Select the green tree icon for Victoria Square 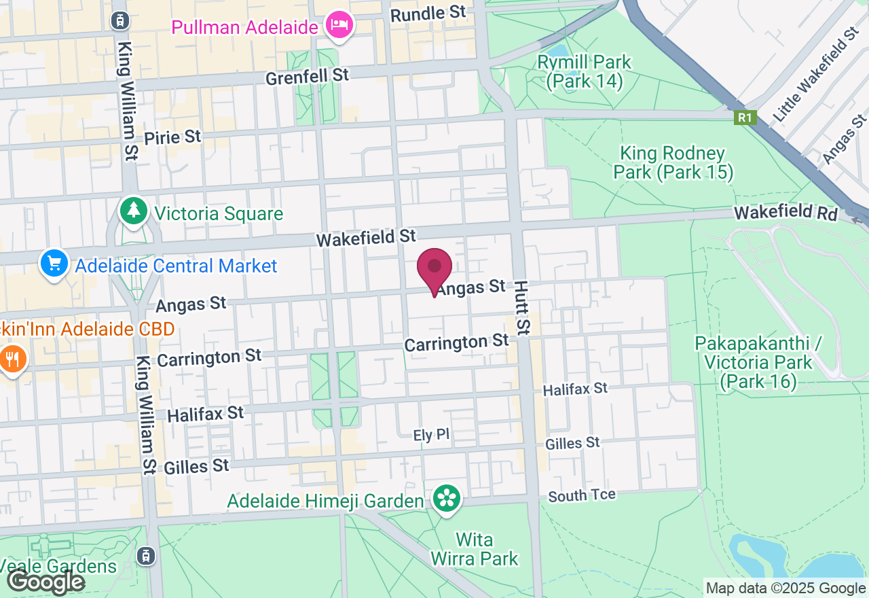point(134,211)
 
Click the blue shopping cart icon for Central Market point(54,264)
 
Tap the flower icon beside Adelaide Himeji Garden point(447,499)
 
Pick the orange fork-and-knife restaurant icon point(12,359)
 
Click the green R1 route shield point(745,118)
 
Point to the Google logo point(45,582)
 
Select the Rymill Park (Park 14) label point(584,72)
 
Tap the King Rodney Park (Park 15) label point(673,163)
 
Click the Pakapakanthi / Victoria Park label point(758,362)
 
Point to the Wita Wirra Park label point(474,549)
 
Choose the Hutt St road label point(521,308)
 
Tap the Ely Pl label point(432,435)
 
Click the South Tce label point(582,495)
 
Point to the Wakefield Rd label point(785,213)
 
